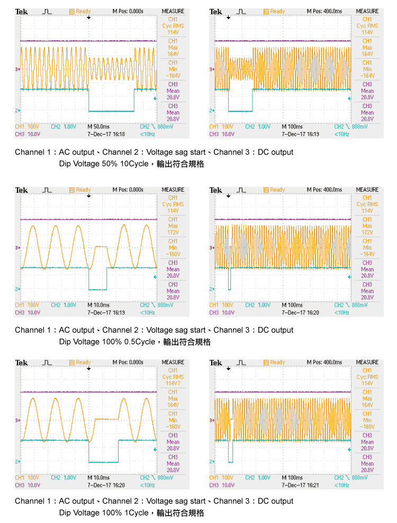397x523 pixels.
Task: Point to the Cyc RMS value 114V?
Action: pos(173,383)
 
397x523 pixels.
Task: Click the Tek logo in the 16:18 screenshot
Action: pos(22,11)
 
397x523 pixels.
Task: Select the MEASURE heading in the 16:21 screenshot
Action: pos(367,362)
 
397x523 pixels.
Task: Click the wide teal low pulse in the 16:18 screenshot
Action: pos(111,110)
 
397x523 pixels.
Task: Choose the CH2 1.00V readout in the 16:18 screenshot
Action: pos(62,127)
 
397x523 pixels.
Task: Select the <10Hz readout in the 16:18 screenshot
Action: pos(147,135)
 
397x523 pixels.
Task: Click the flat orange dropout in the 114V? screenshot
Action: pos(106,419)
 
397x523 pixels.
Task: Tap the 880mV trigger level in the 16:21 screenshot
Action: pos(360,478)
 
